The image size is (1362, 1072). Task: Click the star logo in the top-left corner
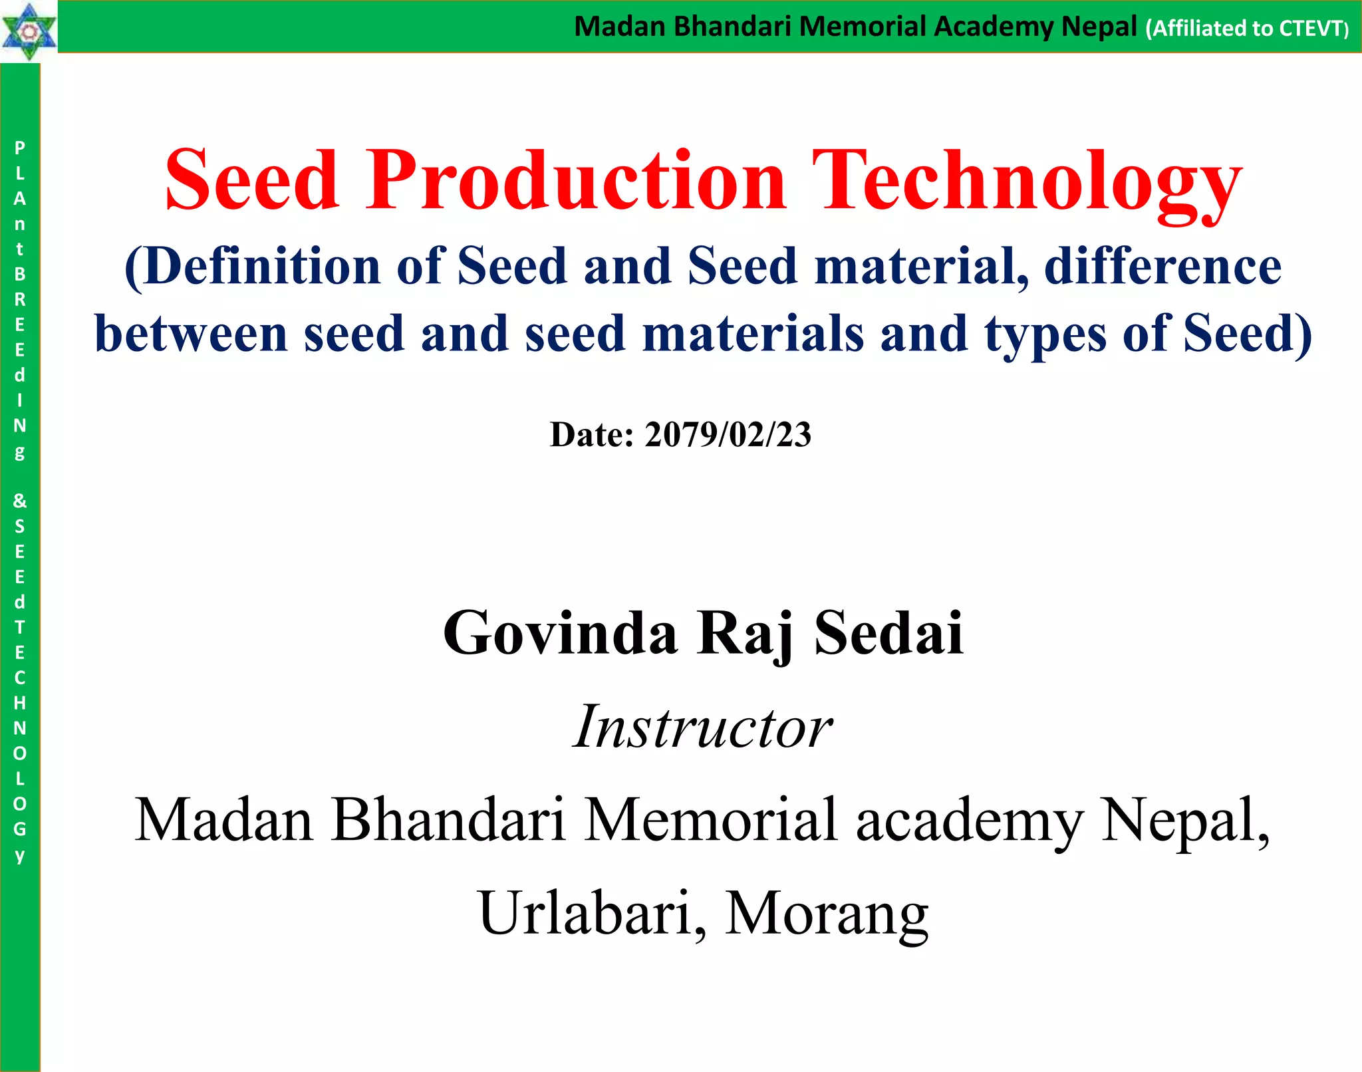pos(29,31)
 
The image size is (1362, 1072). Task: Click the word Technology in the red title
pos(1027,181)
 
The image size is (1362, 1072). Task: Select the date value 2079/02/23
pos(728,435)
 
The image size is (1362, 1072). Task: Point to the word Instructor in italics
pos(702,726)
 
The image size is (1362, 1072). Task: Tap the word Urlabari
pos(585,913)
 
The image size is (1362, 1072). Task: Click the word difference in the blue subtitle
pos(1163,266)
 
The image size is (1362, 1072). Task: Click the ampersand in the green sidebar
pos(20,500)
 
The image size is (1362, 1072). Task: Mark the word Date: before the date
pos(592,435)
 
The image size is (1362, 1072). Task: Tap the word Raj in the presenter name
pos(746,634)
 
